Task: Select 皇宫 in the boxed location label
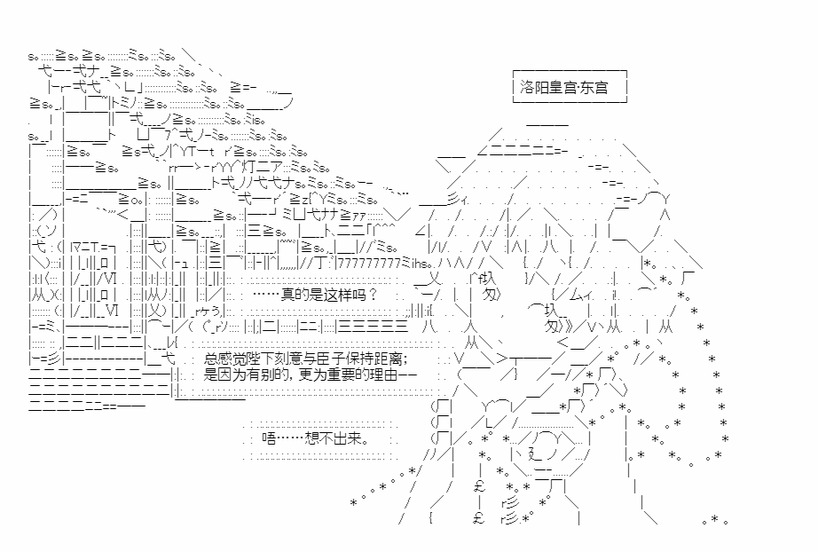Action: tap(562, 88)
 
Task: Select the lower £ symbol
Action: tap(477, 520)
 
